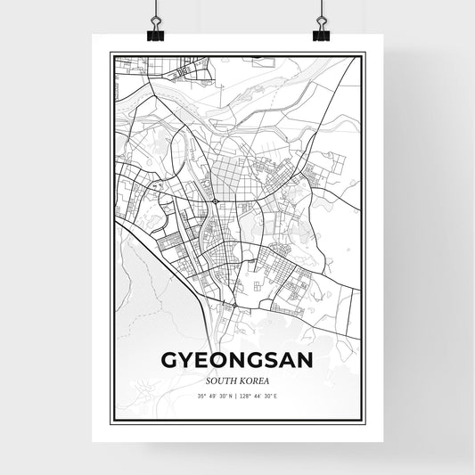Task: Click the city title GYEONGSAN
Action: pos(236,359)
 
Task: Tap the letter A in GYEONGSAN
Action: pos(287,359)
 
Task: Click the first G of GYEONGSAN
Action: pos(168,359)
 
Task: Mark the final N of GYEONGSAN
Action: pos(307,359)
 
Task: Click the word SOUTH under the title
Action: pos(223,378)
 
